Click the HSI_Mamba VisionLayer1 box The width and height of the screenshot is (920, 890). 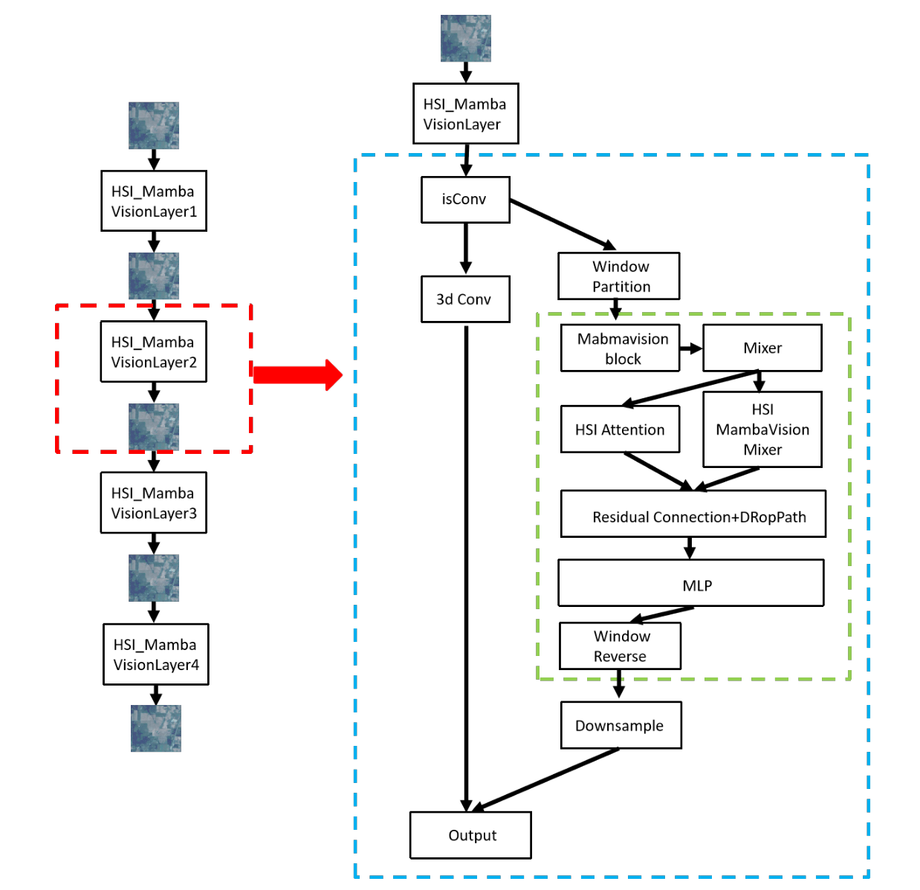[x=154, y=201]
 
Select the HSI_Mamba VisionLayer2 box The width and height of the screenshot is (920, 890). [x=154, y=351]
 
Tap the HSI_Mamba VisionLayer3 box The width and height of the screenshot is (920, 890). [x=154, y=503]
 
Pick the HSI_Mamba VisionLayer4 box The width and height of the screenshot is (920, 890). [x=155, y=654]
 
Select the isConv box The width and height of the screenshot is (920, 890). [x=465, y=199]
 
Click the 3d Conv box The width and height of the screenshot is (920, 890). [x=465, y=299]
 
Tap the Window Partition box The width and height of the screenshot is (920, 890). [x=619, y=276]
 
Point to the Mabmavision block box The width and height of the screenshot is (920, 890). [x=621, y=348]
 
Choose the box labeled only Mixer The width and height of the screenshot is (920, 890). [x=762, y=348]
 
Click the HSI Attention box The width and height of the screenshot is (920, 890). [x=620, y=429]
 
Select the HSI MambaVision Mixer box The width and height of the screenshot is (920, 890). [x=762, y=429]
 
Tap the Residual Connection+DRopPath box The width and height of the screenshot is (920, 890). [x=693, y=514]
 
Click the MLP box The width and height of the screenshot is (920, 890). [x=691, y=583]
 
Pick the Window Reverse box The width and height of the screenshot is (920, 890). [x=620, y=646]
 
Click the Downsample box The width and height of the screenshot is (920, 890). [x=621, y=725]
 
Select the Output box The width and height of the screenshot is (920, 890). [x=470, y=835]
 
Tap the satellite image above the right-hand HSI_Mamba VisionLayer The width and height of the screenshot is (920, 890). [x=466, y=38]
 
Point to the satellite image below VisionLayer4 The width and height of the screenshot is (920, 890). [x=156, y=728]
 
